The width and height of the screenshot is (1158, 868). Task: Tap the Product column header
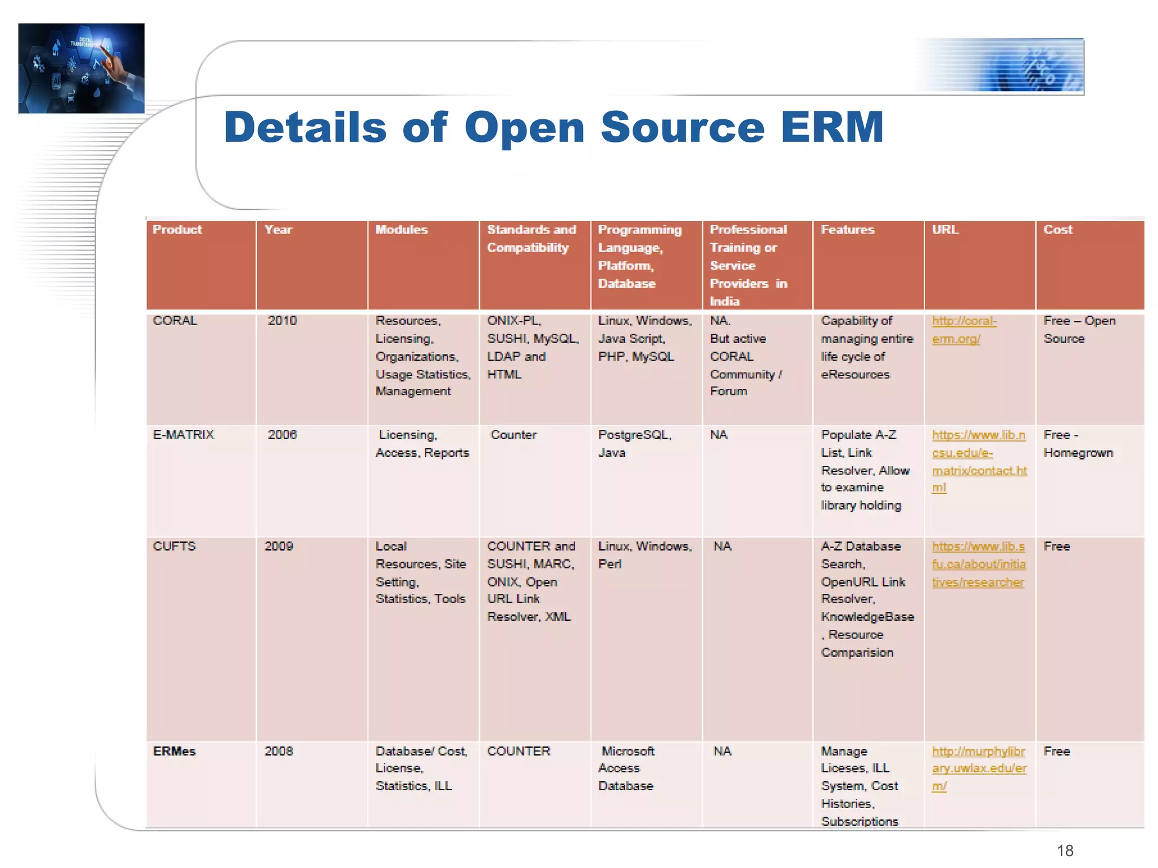point(177,230)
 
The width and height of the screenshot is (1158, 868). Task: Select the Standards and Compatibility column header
point(531,239)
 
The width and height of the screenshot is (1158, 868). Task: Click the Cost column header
point(1057,230)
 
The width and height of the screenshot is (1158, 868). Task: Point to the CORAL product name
point(175,321)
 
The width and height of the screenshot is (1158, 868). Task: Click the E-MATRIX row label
point(183,435)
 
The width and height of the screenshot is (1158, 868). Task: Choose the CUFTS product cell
point(174,546)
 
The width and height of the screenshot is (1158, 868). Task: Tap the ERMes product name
point(174,752)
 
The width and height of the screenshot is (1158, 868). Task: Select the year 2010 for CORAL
point(282,321)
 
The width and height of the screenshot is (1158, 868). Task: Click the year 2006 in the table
point(282,435)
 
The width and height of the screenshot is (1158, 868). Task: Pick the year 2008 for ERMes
point(279,752)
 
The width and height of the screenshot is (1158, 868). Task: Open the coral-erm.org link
point(963,330)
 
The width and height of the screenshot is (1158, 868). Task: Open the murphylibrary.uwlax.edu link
point(979,768)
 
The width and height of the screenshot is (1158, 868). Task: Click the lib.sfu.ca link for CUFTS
point(978,564)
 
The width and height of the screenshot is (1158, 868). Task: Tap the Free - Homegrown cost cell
point(1078,444)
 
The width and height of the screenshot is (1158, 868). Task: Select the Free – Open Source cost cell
point(1079,330)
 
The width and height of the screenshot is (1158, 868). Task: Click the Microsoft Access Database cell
point(626,768)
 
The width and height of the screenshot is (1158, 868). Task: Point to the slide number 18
point(1065,850)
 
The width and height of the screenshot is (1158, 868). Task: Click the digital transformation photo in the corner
point(81,68)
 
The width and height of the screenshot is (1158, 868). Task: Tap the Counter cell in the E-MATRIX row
point(513,435)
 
